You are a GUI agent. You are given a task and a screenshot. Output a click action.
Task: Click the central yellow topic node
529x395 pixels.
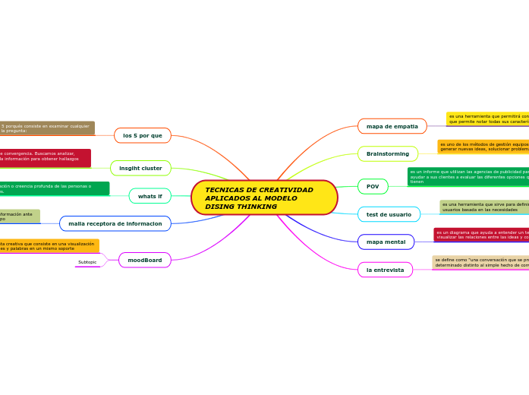pyautogui.click(x=264, y=197)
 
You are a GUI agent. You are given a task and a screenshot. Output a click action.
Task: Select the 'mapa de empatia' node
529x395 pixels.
pyautogui.click(x=392, y=126)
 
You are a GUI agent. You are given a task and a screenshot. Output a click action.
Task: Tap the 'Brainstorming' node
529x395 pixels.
pyautogui.click(x=387, y=154)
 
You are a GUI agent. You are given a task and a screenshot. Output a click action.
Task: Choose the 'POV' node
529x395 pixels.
pyautogui.click(x=373, y=186)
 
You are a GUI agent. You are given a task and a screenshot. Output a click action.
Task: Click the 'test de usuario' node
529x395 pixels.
pyautogui.click(x=389, y=214)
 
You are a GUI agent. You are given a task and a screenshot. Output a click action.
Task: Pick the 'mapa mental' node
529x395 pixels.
pyautogui.click(x=386, y=242)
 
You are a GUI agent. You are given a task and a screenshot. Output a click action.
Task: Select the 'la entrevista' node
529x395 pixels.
pyautogui.click(x=385, y=270)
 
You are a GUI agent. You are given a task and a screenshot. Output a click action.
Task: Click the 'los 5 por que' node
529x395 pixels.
pyautogui.click(x=143, y=135)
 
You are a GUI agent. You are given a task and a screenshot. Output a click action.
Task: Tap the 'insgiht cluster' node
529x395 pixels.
pyautogui.click(x=140, y=168)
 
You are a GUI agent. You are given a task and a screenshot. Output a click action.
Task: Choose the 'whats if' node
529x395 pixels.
pyautogui.click(x=150, y=196)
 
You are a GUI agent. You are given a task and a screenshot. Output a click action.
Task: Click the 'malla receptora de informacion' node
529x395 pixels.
pyautogui.click(x=115, y=223)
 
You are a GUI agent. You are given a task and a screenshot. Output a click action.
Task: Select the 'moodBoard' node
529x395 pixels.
pyautogui.click(x=144, y=260)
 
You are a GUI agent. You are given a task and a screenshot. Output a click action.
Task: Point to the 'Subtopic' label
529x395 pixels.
pyautogui.click(x=87, y=262)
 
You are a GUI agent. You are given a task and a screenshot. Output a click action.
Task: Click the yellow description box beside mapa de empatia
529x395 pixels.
pyautogui.click(x=487, y=118)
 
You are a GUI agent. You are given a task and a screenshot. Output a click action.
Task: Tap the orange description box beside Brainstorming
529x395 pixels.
pyautogui.click(x=483, y=146)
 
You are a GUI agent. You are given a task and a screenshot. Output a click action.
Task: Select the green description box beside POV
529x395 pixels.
pyautogui.click(x=468, y=176)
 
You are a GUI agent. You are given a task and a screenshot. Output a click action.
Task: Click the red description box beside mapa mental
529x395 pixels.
pyautogui.click(x=481, y=235)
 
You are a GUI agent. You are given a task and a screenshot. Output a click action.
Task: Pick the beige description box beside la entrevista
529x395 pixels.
pyautogui.click(x=480, y=262)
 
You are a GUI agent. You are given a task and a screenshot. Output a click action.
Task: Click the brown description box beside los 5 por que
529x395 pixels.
pyautogui.click(x=46, y=128)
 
